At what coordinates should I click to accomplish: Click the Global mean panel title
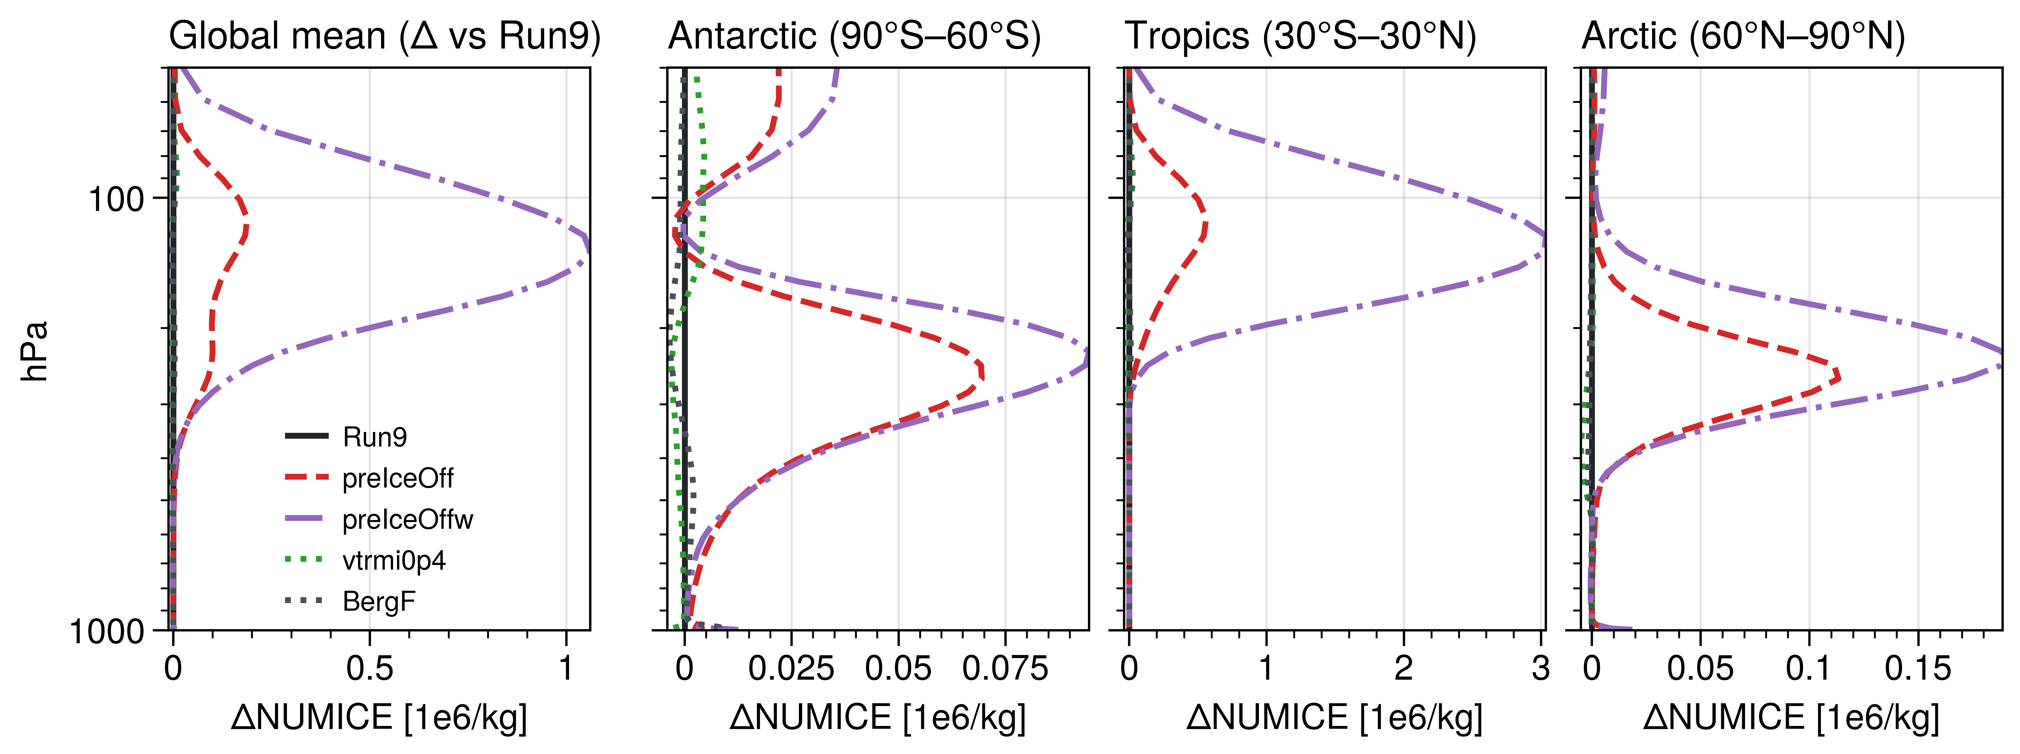[x=384, y=36]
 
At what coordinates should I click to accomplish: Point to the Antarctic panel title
[x=855, y=36]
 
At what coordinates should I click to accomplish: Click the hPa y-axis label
[x=35, y=351]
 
